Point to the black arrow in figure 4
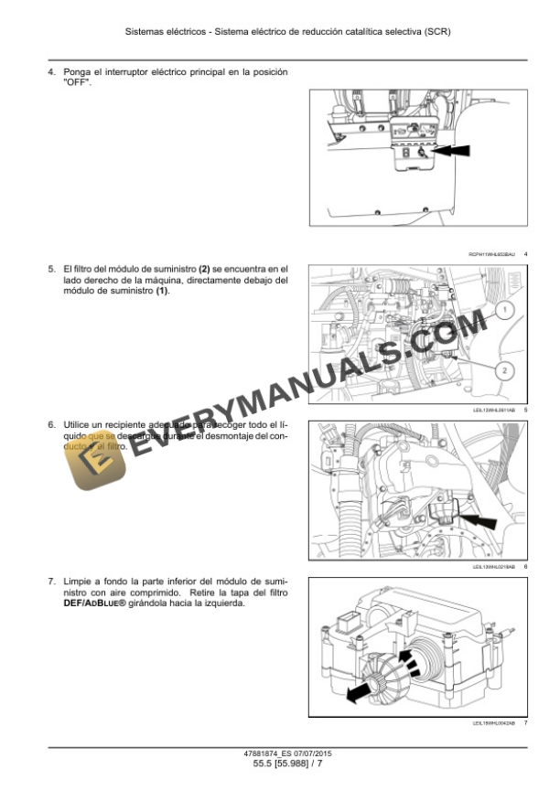457,151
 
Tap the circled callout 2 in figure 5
505,370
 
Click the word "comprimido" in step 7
140,592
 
